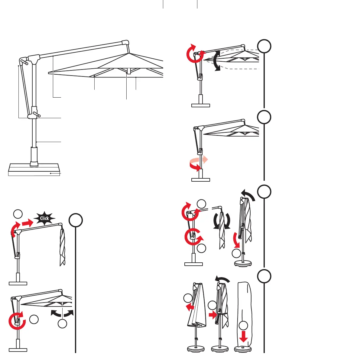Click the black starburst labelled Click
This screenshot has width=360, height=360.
coord(44,218)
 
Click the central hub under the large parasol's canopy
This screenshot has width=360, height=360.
coord(128,71)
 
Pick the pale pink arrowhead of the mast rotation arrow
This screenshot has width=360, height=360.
coord(205,159)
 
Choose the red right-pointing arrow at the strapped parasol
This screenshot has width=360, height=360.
coord(212,315)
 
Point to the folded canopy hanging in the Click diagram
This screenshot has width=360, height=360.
coord(62,247)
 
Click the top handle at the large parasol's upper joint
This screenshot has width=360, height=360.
coord(24,62)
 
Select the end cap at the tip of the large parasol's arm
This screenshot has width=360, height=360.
coord(125,43)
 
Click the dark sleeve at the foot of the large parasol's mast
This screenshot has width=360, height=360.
coord(34,156)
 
